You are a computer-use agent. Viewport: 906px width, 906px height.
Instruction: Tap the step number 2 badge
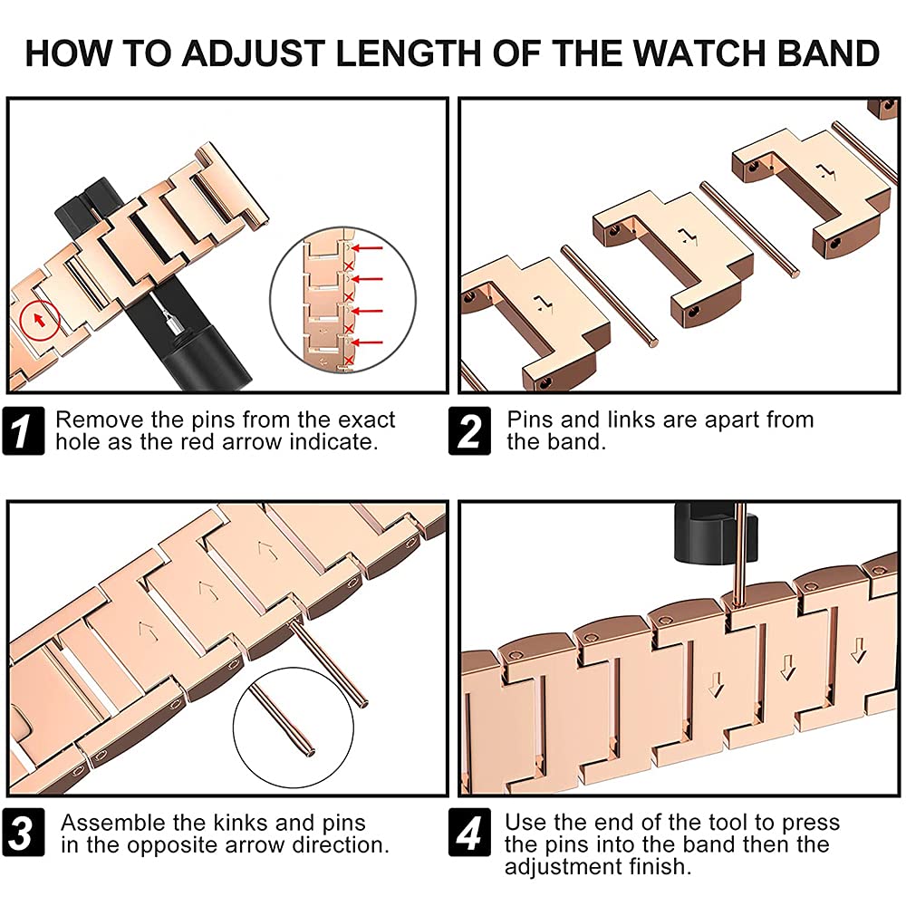coord(470,431)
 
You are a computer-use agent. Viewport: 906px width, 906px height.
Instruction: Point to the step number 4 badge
coord(470,834)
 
